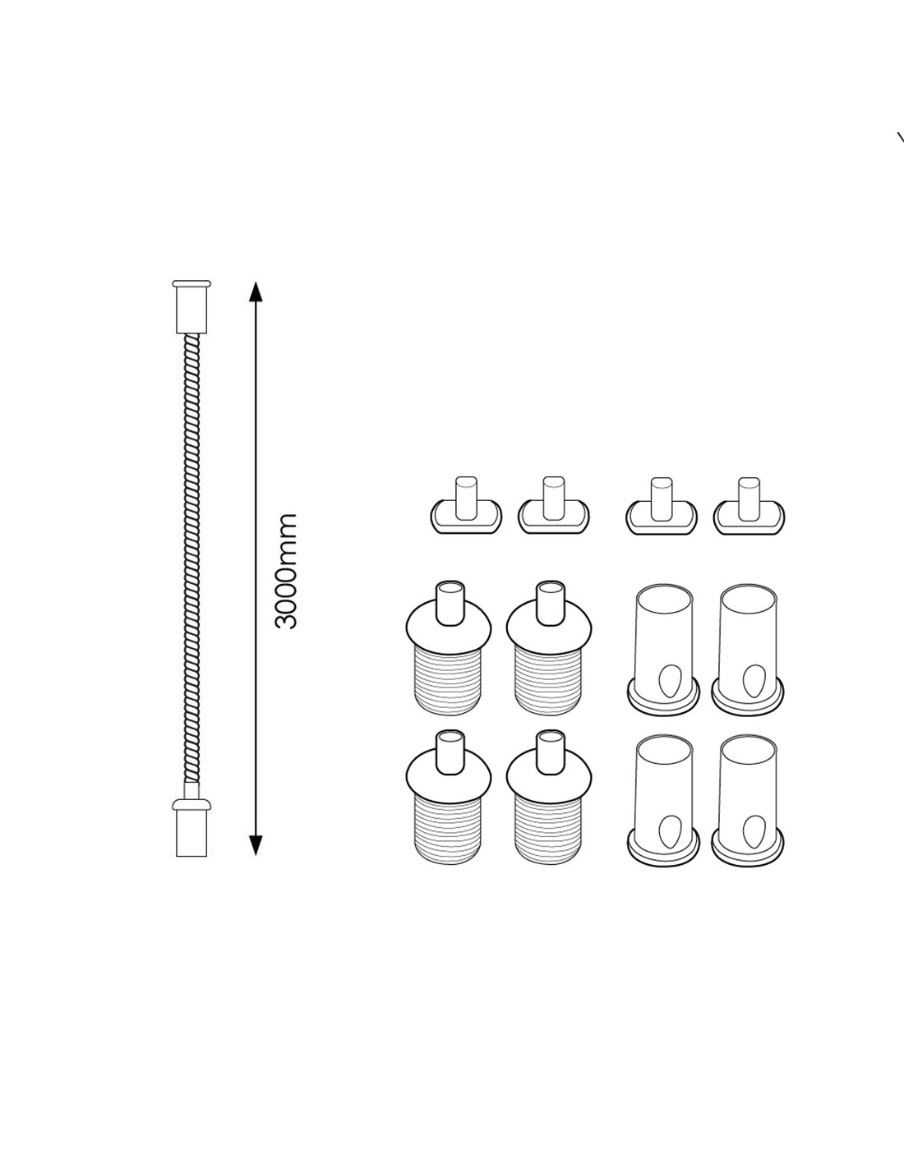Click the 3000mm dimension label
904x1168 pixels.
[x=285, y=572]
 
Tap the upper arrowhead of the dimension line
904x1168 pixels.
[x=256, y=291]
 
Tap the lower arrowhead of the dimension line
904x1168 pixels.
[x=256, y=846]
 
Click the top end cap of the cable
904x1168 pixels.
[x=191, y=307]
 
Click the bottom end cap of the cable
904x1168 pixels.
[x=191, y=827]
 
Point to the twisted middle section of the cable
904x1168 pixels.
[x=192, y=559]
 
